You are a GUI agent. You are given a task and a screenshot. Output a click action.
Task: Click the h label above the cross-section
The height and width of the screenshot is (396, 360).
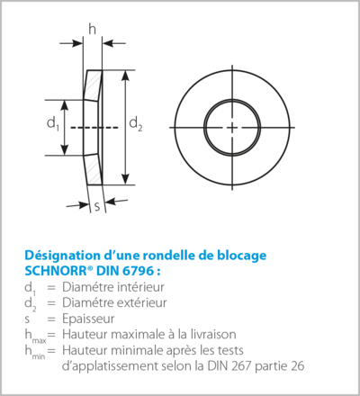pyautogui.click(x=93, y=29)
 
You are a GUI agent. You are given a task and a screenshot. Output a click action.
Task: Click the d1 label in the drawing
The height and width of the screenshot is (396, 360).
pyautogui.click(x=53, y=123)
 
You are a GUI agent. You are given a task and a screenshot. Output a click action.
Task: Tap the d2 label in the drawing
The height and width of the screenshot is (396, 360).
pyautogui.click(x=136, y=123)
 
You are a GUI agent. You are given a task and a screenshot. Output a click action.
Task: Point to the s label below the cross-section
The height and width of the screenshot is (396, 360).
pyautogui.click(x=97, y=207)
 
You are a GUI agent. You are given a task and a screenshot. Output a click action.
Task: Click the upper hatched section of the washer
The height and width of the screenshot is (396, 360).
pyautogui.click(x=93, y=85)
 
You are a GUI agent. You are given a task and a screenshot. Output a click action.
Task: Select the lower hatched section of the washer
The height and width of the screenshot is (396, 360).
pyautogui.click(x=94, y=169)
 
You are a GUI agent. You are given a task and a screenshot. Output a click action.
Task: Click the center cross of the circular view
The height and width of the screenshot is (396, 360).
pyautogui.click(x=232, y=128)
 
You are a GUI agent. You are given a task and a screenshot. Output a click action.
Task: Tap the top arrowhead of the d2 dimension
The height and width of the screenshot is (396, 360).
pyautogui.click(x=126, y=76)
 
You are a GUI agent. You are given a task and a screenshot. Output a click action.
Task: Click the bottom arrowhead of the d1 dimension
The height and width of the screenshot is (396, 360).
pyautogui.click(x=65, y=149)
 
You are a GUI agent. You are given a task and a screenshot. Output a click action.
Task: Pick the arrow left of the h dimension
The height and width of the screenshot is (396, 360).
pyautogui.click(x=71, y=43)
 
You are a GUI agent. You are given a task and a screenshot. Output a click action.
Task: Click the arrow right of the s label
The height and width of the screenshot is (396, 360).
pyautogui.click(x=116, y=201)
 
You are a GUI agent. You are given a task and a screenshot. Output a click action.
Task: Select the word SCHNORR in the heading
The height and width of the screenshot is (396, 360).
pyautogui.click(x=57, y=271)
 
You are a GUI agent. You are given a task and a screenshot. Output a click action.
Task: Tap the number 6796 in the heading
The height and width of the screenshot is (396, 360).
pyautogui.click(x=138, y=271)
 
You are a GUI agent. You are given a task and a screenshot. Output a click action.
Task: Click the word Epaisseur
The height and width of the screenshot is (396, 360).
pyautogui.click(x=88, y=319)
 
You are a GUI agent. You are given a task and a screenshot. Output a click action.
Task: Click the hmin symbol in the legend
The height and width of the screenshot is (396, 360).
pyautogui.click(x=35, y=352)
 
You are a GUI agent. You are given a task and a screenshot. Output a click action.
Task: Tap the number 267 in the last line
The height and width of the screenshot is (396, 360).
pyautogui.click(x=241, y=366)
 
